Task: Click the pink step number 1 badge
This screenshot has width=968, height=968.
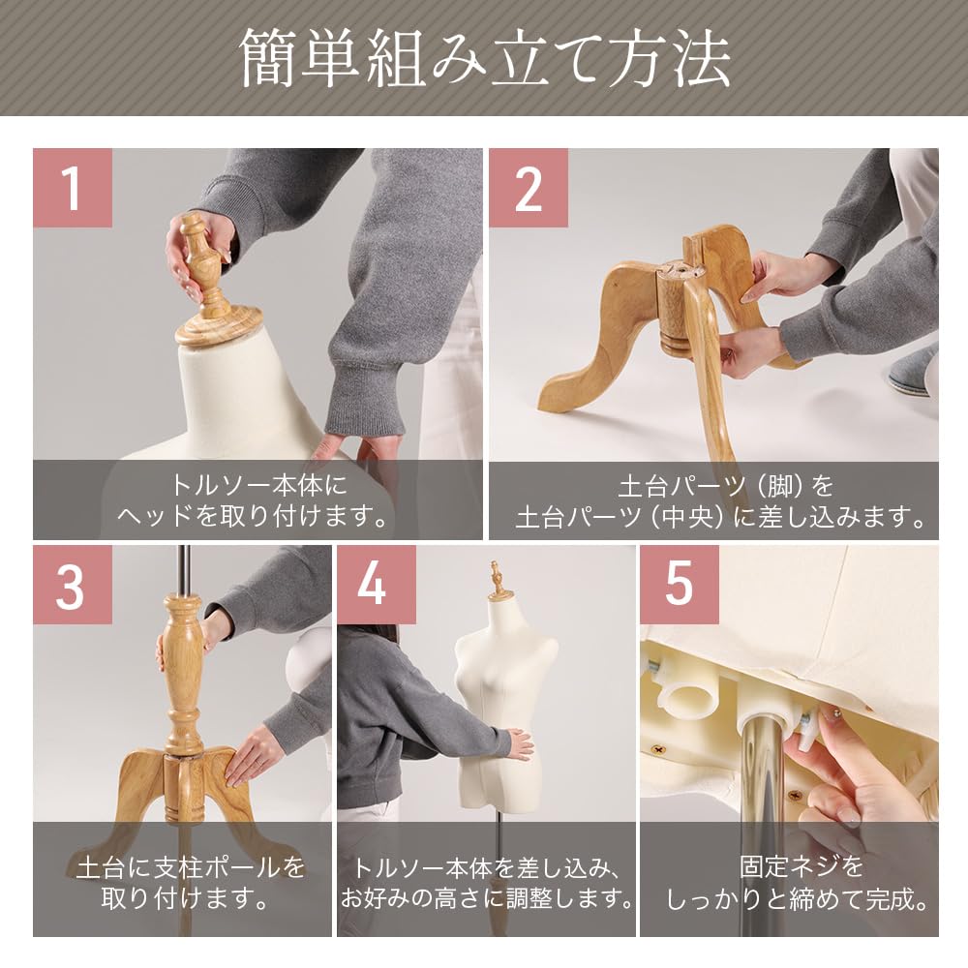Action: pos(72,188)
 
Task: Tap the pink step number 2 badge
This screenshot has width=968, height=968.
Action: pos(528,188)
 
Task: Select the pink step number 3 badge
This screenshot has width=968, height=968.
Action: pos(72,585)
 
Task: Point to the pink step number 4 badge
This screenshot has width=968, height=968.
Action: pos(376,585)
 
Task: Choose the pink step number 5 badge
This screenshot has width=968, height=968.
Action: pos(679,585)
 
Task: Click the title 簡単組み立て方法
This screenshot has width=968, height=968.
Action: pos(484,58)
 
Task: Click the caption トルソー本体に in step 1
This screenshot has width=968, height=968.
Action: pos(257,484)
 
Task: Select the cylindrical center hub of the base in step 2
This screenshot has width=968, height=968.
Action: pos(676,310)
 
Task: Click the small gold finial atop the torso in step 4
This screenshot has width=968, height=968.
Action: pos(499,579)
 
